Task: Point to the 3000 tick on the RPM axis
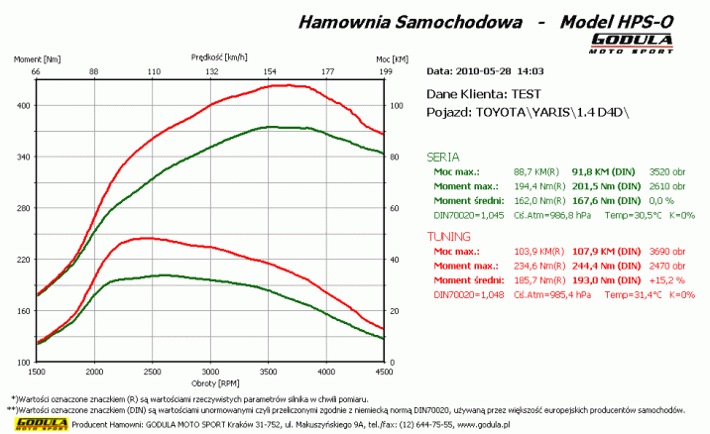pyautogui.click(x=209, y=372)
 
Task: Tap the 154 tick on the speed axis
pyautogui.click(x=269, y=72)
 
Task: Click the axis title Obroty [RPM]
pyautogui.click(x=209, y=382)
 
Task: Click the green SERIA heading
pyautogui.click(x=442, y=157)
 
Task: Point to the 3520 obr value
pyautogui.click(x=665, y=171)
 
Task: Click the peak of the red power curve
pyautogui.click(x=288, y=85)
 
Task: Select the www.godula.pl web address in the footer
pyautogui.click(x=482, y=423)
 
